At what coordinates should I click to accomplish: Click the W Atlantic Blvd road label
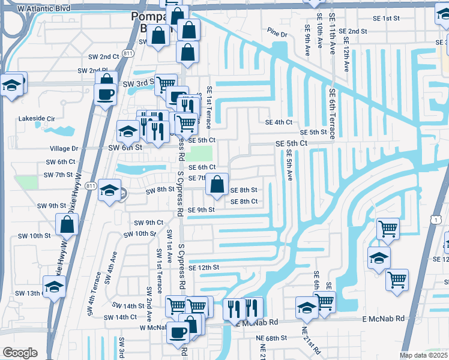coord(44,9)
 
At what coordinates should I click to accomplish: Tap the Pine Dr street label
coord(278,35)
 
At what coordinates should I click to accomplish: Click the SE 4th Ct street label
coord(279,122)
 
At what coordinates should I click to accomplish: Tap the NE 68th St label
coord(272,338)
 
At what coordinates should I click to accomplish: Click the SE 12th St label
coord(203,267)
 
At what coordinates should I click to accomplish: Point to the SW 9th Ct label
coord(148,223)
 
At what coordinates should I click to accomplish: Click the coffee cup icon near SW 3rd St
coord(106,94)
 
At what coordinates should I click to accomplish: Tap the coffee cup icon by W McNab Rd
coord(178,332)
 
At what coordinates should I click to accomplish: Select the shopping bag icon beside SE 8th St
coord(217,184)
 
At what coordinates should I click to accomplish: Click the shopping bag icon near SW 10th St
coord(67,225)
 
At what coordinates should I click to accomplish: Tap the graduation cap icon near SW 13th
coord(54,289)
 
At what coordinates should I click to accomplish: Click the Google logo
coord(20,353)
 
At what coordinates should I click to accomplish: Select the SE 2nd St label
coord(352,31)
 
